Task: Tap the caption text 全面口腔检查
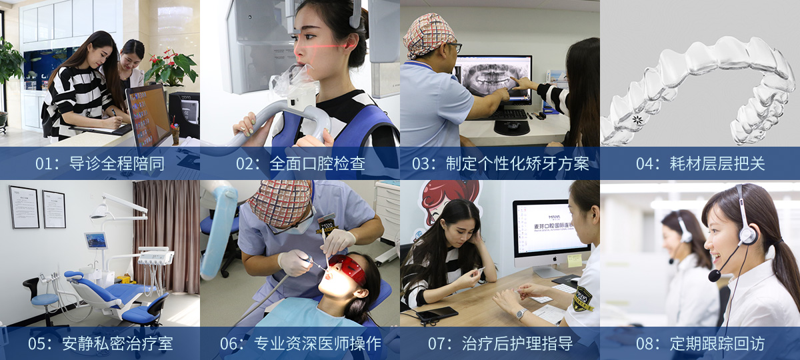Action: coord(317,164)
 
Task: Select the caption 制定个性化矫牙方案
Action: coord(517,164)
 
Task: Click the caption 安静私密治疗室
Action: coord(117,343)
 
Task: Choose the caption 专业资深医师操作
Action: coord(317,343)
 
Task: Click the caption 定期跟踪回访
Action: coord(717,343)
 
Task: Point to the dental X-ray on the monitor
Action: coord(492,76)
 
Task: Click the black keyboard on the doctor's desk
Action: coord(507,114)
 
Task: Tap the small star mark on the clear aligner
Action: coord(637,119)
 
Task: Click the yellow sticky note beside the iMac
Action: coord(575,261)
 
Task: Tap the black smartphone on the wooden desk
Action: coord(437,313)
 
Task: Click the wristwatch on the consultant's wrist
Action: coord(521,314)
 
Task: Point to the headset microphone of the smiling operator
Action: coord(714,275)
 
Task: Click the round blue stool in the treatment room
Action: coord(45,299)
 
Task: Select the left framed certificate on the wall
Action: coord(24,207)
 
